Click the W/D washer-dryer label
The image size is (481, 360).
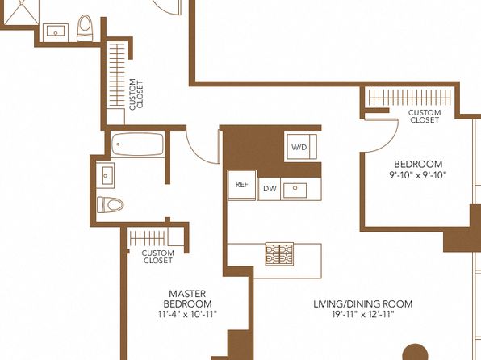299,148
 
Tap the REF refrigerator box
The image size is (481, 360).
242,185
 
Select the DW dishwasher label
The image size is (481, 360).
270,189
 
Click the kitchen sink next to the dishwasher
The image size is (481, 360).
295,190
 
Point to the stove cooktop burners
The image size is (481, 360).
279,253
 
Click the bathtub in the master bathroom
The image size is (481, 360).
137,144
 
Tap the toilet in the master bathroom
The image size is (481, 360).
110,205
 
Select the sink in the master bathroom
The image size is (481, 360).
106,175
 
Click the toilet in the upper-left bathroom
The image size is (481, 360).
85,28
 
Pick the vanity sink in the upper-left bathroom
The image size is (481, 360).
56,32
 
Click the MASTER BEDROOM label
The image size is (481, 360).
187,299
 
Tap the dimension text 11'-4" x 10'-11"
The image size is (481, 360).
187,314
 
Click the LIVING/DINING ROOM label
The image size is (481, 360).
363,303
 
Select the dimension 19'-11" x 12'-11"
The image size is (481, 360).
363,314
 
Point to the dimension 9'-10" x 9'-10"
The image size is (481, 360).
418,175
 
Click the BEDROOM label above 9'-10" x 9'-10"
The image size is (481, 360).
418,164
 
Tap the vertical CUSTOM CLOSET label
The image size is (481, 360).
136,94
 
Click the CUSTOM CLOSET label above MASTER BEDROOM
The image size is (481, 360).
158,257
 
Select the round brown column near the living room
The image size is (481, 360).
415,352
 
